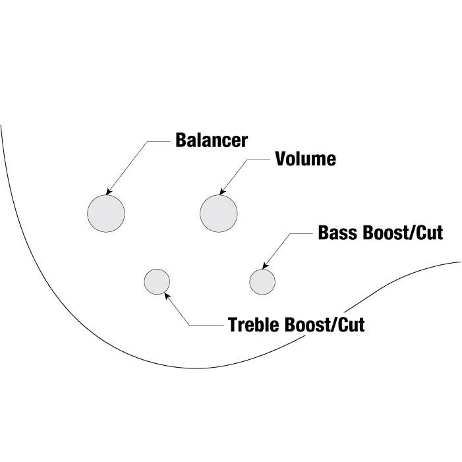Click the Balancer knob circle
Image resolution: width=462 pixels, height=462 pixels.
tap(106, 214)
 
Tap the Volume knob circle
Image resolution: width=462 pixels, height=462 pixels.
tap(219, 214)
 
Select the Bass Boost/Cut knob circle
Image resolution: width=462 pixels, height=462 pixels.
tap(262, 281)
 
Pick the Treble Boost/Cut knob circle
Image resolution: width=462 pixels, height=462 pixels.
tap(157, 281)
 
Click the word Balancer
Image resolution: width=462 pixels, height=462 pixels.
tap(212, 140)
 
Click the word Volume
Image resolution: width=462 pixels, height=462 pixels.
tap(306, 159)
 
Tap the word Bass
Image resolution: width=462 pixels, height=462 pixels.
tap(338, 233)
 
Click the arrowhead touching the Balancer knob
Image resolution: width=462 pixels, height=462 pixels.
tap(109, 192)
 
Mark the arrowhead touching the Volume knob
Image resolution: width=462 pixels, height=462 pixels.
tap(223, 192)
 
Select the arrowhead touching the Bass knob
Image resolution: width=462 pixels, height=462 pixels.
tap(265, 266)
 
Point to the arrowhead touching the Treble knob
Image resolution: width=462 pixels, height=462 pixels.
tap(167, 296)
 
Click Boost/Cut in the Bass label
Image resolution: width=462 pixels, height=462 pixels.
tap(403, 233)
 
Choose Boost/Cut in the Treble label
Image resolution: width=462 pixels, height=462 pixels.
tap(325, 325)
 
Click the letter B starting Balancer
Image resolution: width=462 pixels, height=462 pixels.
tap(181, 140)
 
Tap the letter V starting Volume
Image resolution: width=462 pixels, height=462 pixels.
tap(281, 159)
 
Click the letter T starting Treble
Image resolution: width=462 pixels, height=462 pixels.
tap(233, 325)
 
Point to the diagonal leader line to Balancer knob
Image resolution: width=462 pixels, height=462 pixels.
tap(127, 167)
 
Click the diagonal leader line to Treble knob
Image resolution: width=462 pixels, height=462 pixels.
tap(177, 309)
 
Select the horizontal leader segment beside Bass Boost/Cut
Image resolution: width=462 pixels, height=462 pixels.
tap(301, 233)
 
